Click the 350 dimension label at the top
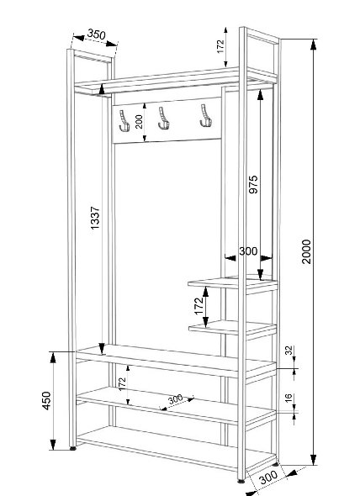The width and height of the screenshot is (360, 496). (96, 34)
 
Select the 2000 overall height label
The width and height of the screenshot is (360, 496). (306, 251)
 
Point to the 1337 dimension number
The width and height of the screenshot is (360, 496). (95, 218)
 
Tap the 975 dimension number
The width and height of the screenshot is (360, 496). (253, 184)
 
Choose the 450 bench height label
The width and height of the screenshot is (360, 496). (46, 401)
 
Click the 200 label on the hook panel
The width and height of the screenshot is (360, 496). (139, 121)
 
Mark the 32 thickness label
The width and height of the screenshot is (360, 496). (289, 351)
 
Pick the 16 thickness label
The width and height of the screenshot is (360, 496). (289, 398)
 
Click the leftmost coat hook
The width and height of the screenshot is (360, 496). (124, 120)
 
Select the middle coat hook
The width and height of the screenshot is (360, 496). (163, 118)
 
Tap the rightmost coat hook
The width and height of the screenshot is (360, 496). (205, 116)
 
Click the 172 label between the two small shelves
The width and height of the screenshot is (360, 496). (199, 306)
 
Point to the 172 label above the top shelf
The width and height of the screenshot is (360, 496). (220, 46)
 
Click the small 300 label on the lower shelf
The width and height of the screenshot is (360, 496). (176, 399)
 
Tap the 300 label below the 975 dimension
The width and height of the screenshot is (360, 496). (248, 251)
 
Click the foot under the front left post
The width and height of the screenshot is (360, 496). (73, 448)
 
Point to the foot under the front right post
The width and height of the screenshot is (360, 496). (242, 481)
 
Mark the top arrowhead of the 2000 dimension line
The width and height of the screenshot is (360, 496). (314, 45)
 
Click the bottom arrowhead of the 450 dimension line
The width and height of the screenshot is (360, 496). (53, 445)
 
